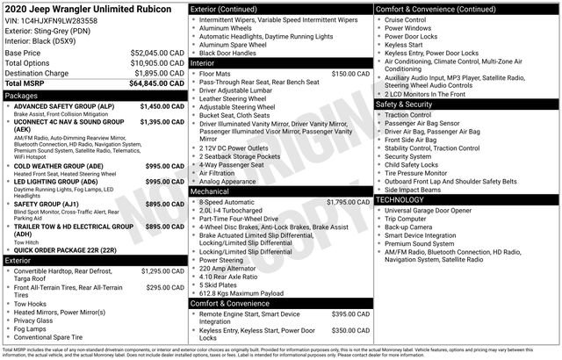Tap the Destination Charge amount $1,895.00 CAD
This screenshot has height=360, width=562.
[153, 73]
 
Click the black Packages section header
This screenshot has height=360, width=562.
[93, 95]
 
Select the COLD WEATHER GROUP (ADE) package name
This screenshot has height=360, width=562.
[58, 165]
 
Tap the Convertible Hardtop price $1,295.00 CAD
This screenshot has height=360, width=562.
[162, 272]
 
